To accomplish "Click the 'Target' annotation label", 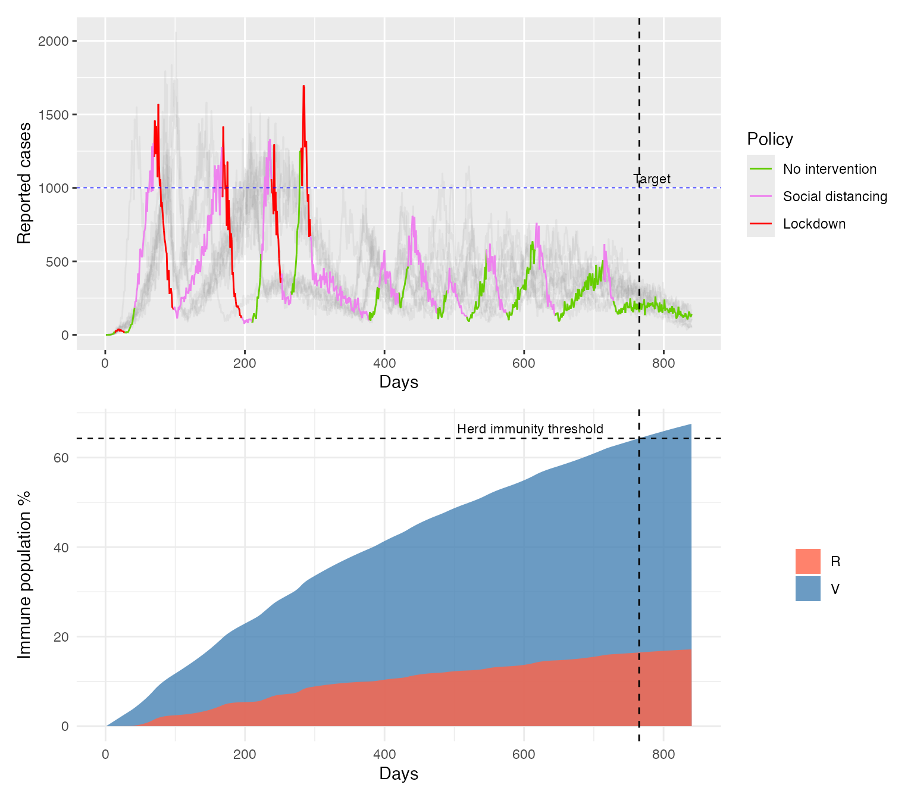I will pos(652,179).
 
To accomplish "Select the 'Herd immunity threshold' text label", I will pos(530,429).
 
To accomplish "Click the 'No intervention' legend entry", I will pos(830,169).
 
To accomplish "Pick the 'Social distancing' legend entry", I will pos(835,196).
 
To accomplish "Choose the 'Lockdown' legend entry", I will pos(814,224).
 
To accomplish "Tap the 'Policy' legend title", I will pos(770,139).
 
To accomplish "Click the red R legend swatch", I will pos(807,561).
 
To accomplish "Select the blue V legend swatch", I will pos(807,589).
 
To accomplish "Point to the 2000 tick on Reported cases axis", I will pos(53,41).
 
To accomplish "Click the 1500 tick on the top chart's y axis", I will pos(53,115).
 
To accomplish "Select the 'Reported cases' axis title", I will pos(24,183).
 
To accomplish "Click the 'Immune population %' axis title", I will pos(24,574).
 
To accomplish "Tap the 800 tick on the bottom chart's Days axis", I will pos(663,755).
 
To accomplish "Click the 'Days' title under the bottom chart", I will pos(399,774).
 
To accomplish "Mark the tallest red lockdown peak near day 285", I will pos(303,87).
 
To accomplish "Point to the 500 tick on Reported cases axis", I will pos(57,262).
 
